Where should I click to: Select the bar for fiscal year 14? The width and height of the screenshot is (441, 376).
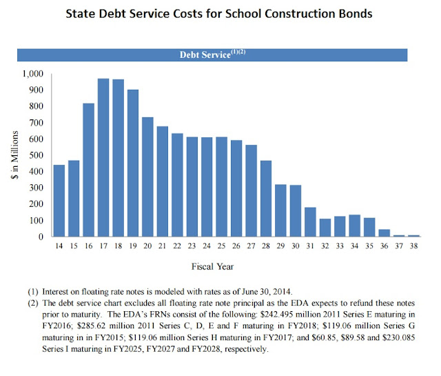[x=59, y=201]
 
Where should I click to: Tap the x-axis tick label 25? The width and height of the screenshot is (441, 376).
[x=222, y=246]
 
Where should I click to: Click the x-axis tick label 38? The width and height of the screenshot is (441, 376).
[x=413, y=246]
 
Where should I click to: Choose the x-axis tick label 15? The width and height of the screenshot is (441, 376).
[x=73, y=246]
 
